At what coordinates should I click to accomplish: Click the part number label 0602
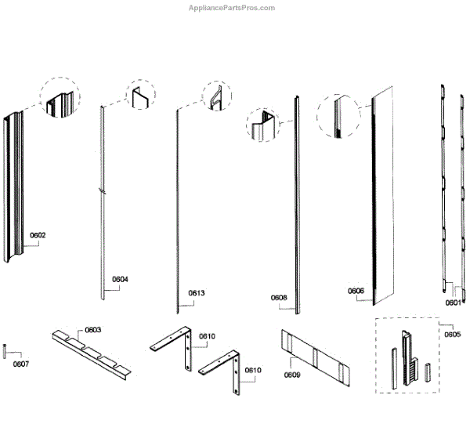pyautogui.click(x=38, y=235)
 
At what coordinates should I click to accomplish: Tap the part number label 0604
pyautogui.click(x=120, y=279)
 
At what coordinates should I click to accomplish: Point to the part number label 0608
pyautogui.click(x=279, y=298)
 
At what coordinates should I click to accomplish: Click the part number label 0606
pyautogui.click(x=356, y=291)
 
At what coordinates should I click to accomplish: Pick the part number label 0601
pyautogui.click(x=454, y=302)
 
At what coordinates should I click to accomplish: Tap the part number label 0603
pyautogui.click(x=93, y=330)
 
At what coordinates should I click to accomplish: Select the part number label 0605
pyautogui.click(x=452, y=335)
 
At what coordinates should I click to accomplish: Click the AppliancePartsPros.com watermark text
pyautogui.click(x=232, y=8)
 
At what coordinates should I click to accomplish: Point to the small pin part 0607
pyautogui.click(x=5, y=350)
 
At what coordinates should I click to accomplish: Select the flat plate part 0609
pyautogui.click(x=317, y=357)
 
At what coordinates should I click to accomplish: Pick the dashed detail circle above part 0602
pyautogui.click(x=60, y=98)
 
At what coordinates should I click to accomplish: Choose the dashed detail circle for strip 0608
pyautogui.click(x=265, y=125)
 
